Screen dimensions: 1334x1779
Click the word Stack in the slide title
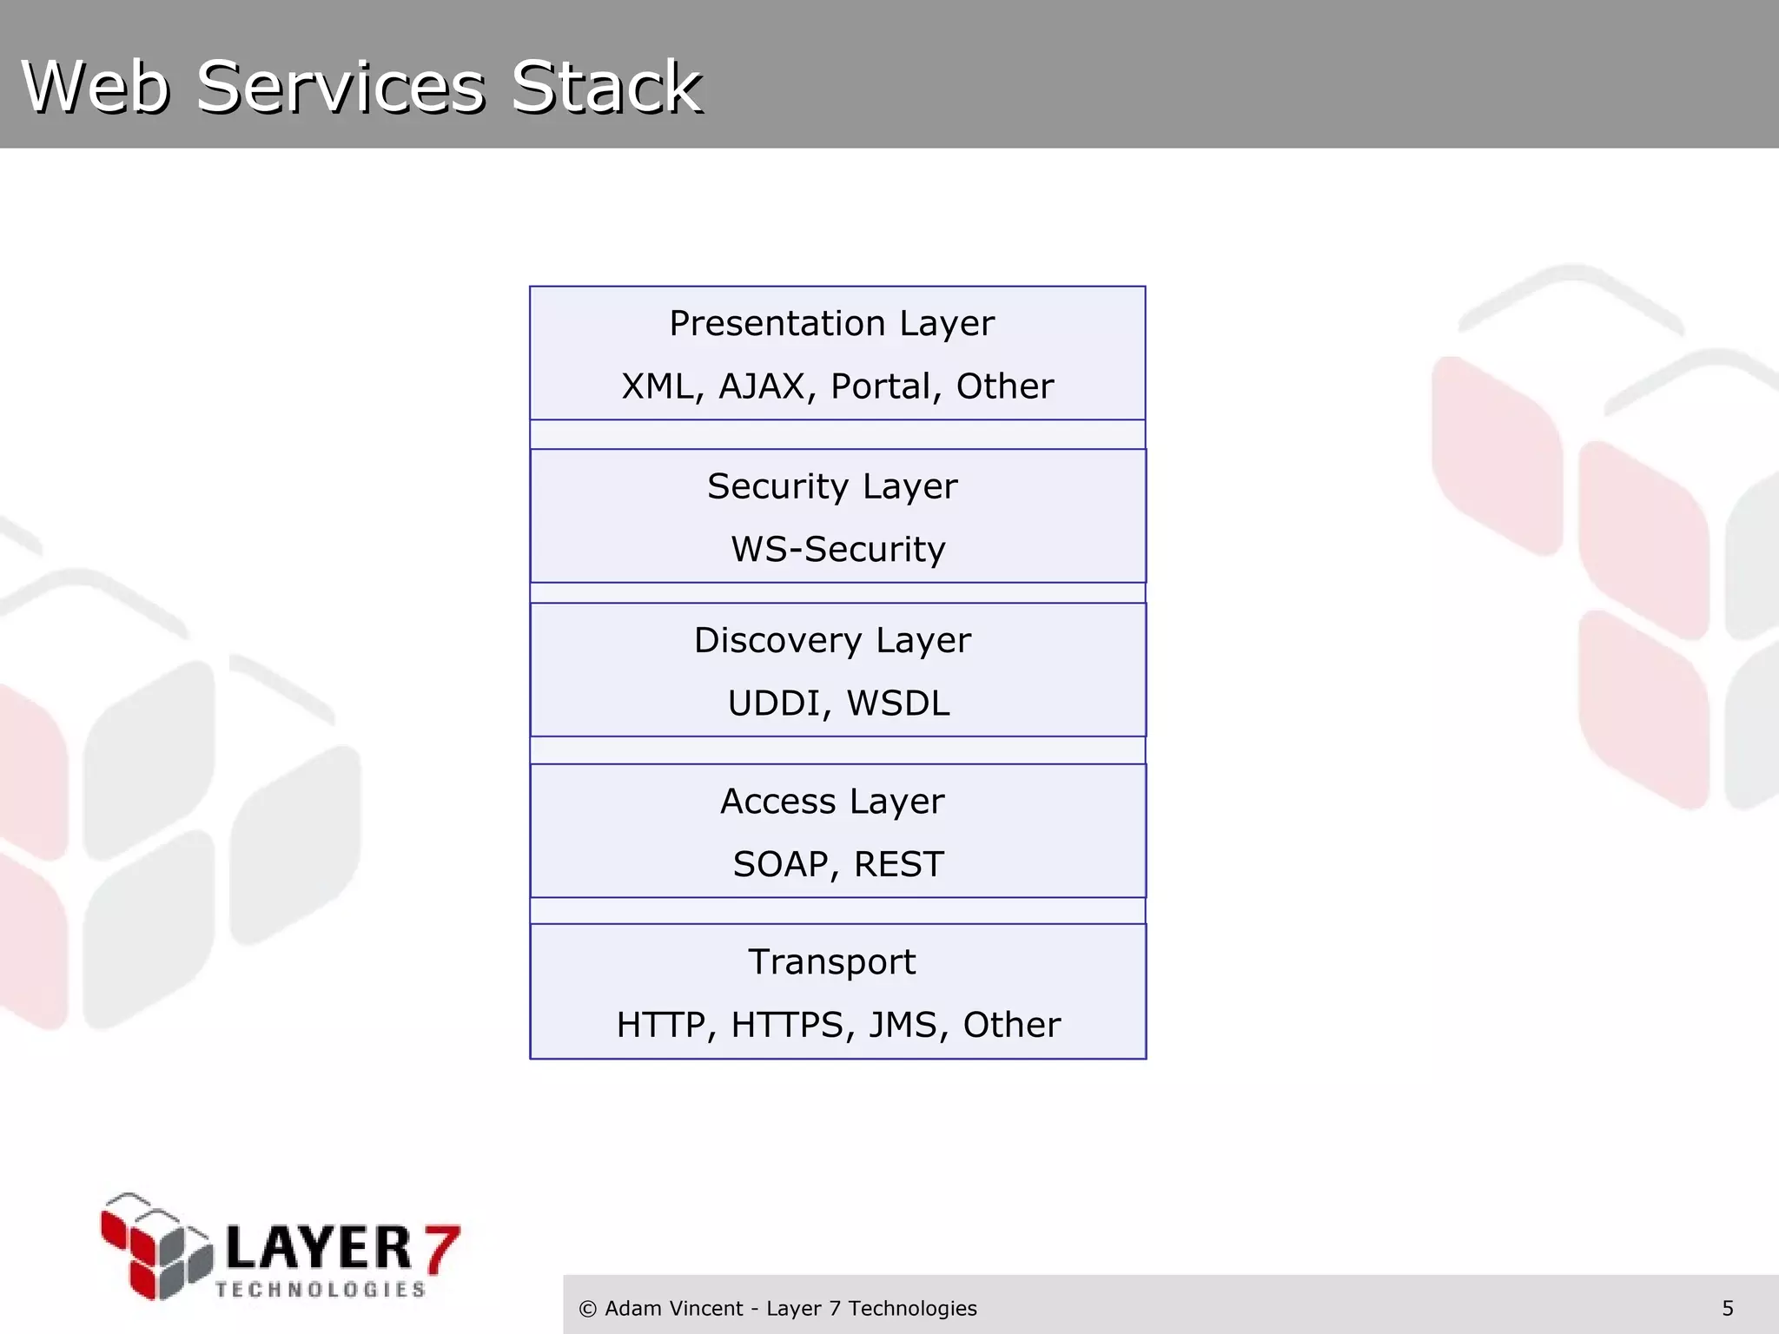coord(606,87)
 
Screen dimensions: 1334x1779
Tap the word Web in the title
coord(96,87)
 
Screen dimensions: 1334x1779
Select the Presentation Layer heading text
coord(831,324)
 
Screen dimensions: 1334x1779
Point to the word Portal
coord(881,386)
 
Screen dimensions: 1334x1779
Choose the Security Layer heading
coord(831,486)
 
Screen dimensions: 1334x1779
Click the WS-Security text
coord(837,549)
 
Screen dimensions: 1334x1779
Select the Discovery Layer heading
coord(831,641)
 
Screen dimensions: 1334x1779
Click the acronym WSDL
coord(898,703)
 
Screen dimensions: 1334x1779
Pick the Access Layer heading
coord(831,802)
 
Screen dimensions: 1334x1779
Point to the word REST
coord(898,864)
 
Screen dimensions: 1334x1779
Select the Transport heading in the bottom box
coord(831,962)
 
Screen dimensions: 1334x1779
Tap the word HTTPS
coord(786,1026)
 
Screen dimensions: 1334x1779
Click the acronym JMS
coord(903,1026)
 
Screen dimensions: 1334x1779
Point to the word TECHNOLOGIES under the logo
coord(321,1290)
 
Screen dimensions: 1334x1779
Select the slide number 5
coord(1727,1309)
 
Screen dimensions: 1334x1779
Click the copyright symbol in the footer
coord(587,1309)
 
